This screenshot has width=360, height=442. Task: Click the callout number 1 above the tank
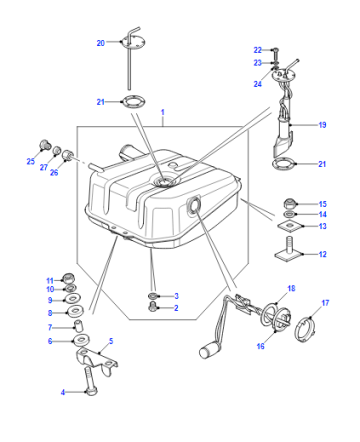[x=163, y=112]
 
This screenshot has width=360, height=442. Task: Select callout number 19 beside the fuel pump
[x=322, y=125]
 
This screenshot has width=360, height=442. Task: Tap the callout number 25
[x=31, y=161]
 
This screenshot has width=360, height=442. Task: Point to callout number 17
[x=325, y=303]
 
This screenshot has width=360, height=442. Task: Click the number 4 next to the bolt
[x=63, y=392]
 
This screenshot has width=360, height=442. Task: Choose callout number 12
[x=322, y=254]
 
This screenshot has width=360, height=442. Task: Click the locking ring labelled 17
[x=304, y=330]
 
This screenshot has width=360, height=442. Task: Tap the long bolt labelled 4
[x=91, y=380]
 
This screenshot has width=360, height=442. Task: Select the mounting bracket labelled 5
[x=97, y=361]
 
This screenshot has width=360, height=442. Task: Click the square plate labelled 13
[x=290, y=226]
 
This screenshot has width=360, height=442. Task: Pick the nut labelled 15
[x=289, y=203]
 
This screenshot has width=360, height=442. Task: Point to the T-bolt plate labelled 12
[x=289, y=249]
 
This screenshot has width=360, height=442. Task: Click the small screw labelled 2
[x=153, y=306]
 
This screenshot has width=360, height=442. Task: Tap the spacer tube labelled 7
[x=78, y=326]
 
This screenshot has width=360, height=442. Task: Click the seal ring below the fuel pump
[x=284, y=164]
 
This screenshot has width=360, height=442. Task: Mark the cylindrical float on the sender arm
[x=210, y=351]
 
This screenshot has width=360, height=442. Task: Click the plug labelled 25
[x=45, y=145]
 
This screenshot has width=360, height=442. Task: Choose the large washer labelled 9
[x=72, y=298]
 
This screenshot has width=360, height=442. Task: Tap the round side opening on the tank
[x=194, y=204]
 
